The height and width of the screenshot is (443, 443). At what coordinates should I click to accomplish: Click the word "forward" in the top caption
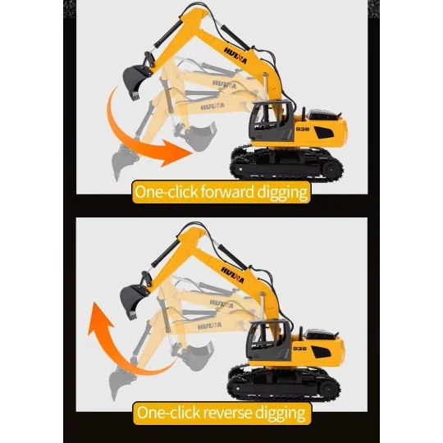227,192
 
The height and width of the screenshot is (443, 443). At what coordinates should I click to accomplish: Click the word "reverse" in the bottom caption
227,413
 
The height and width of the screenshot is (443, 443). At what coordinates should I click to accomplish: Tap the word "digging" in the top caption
282,193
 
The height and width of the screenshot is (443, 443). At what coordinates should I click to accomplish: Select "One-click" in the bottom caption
168,413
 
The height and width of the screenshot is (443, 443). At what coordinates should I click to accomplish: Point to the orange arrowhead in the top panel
176,153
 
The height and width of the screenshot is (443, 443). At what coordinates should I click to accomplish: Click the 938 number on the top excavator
302,129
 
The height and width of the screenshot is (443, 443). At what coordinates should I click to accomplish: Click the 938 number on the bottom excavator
299,349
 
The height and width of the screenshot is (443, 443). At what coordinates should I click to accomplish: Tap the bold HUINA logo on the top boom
235,56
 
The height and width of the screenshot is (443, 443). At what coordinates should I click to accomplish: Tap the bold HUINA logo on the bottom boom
232,275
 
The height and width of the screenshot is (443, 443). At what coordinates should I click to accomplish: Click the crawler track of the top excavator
286,163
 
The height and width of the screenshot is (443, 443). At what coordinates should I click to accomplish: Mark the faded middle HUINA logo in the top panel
224,84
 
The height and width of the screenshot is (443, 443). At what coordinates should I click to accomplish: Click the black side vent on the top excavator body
324,132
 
